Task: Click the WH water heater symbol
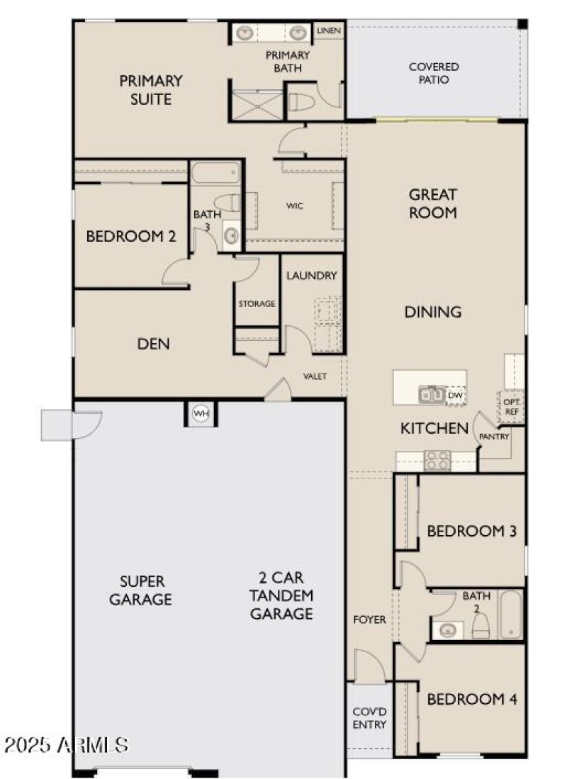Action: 201,413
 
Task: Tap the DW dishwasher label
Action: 456,395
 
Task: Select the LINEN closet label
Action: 329,30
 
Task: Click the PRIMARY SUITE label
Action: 150,90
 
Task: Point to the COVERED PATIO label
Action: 434,73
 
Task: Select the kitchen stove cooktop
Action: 436,460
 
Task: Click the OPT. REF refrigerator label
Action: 512,405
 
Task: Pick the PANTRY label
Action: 495,437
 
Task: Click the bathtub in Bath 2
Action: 510,615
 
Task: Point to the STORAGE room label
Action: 257,303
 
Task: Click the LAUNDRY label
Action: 311,276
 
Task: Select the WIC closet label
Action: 296,206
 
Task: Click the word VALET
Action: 315,376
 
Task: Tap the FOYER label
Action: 369,620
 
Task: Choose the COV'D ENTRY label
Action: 369,718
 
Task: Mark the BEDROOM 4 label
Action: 471,700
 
